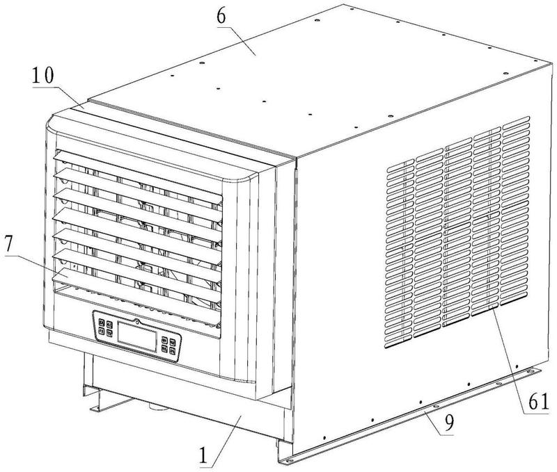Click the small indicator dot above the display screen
pyautogui.click(x=138, y=322)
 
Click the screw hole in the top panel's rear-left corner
pyautogui.click(x=315, y=24)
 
